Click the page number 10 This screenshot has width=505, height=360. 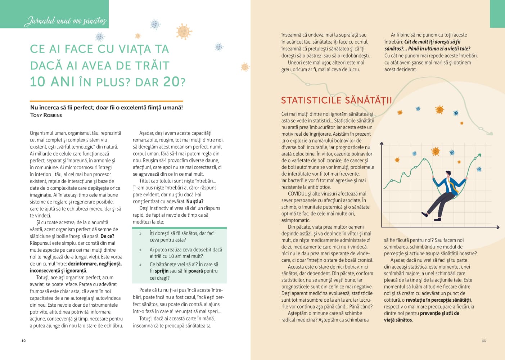tap(23, 341)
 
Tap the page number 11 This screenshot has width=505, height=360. tap(484, 341)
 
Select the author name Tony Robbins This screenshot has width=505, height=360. tap(46, 115)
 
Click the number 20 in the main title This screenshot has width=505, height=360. tap(171, 82)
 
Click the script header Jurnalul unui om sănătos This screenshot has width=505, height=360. tap(65, 21)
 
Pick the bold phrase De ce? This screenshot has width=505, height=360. tap(107, 236)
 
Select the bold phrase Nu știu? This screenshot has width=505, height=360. tap(195, 201)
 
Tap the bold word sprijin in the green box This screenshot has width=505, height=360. tap(162, 271)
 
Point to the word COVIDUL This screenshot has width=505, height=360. tap(297, 194)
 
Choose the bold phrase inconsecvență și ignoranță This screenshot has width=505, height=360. tap(58, 271)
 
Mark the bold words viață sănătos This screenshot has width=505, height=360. tap(398, 320)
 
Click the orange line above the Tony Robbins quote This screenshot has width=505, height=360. tap(107, 101)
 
